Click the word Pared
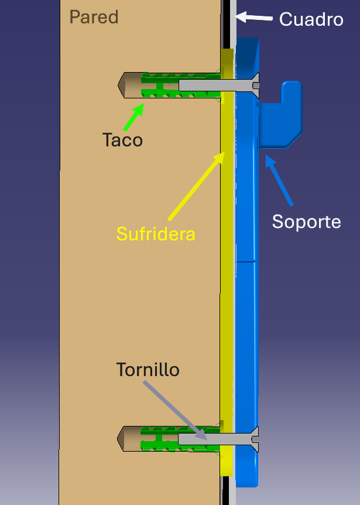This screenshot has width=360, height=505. [x=94, y=17]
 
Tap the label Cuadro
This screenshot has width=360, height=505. [x=311, y=19]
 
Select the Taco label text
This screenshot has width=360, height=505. [x=122, y=140]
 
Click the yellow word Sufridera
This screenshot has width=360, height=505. [x=155, y=234]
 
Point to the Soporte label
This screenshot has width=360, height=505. [x=306, y=222]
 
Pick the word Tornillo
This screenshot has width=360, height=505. [x=148, y=370]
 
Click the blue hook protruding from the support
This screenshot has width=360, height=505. [x=283, y=115]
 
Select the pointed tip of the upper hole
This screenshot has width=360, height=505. [x=122, y=85]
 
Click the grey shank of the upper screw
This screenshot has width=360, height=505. [x=205, y=86]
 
